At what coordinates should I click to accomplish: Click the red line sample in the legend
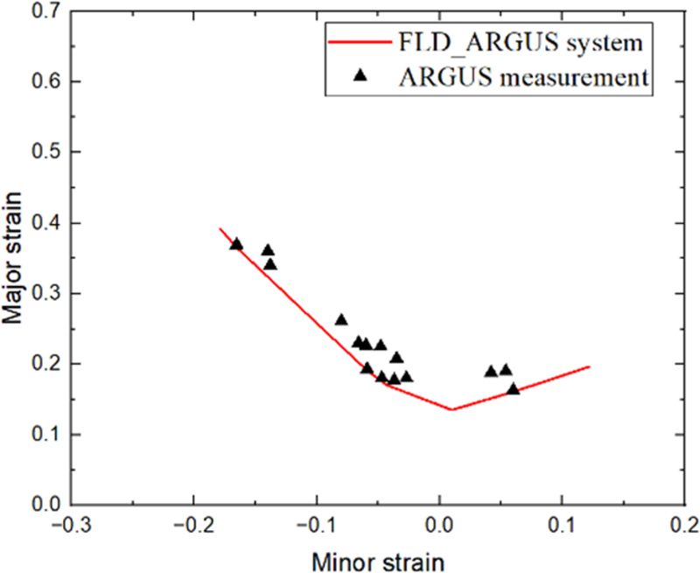[357, 41]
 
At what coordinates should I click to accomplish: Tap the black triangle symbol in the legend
[357, 77]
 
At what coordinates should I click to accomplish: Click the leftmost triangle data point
[236, 244]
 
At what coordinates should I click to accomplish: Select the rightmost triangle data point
[514, 388]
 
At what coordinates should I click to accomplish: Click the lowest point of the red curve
[451, 409]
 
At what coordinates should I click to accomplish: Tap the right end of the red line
[589, 367]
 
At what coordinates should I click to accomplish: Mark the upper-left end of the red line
[220, 228]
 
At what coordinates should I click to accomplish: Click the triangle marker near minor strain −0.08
[341, 320]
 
